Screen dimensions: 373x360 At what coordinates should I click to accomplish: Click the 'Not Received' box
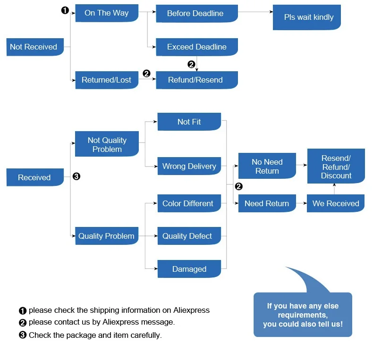pos(35,47)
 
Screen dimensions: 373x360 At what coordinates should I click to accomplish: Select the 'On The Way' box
pos(107,13)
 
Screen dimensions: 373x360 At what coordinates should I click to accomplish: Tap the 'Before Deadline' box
pos(197,14)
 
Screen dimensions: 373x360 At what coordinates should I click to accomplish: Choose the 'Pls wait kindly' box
pos(306,17)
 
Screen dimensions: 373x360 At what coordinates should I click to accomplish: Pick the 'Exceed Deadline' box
pos(197,47)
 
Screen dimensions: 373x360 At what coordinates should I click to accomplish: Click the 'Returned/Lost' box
pos(107,80)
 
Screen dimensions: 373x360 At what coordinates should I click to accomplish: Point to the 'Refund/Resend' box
pos(197,80)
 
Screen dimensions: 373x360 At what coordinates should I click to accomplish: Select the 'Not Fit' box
pos(189,122)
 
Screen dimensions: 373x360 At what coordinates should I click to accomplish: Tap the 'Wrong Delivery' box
pos(189,166)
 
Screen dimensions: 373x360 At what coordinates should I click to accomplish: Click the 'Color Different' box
pos(189,203)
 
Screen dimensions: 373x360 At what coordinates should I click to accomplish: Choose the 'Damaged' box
pos(189,269)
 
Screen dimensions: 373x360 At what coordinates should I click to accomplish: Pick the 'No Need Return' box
pos(267,166)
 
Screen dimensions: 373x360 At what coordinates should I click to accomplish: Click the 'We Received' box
pos(336,203)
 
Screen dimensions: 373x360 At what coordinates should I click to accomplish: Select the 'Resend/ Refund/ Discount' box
pos(336,166)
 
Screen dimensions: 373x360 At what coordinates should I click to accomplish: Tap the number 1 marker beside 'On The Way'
pos(65,10)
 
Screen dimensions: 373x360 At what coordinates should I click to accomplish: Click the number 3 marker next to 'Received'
pos(76,176)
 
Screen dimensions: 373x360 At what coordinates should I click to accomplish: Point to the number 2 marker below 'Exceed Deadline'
pos(192,65)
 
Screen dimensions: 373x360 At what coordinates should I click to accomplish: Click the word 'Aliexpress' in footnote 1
pos(191,310)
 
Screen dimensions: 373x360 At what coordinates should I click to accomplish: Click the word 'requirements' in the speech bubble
pos(303,315)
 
